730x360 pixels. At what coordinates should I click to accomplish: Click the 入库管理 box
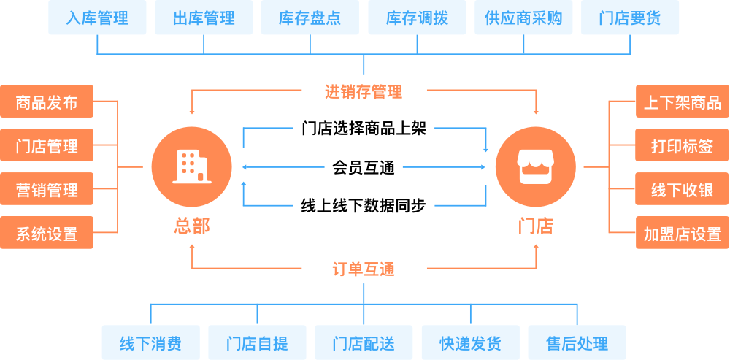click(97, 18)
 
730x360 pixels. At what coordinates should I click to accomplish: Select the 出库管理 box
click(204, 18)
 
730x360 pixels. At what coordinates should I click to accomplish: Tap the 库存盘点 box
click(310, 18)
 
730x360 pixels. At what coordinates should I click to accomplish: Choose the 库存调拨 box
click(417, 18)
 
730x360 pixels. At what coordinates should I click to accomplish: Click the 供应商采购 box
click(523, 18)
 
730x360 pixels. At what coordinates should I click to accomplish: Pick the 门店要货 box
click(630, 18)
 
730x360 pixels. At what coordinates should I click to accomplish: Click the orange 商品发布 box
click(47, 102)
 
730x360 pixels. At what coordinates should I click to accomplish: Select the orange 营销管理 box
click(47, 190)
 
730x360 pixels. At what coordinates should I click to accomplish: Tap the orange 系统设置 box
click(47, 234)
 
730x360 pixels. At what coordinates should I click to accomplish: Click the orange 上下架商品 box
click(682, 102)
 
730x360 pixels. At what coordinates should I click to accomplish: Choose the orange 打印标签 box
click(682, 145)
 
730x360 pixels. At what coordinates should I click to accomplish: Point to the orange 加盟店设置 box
click(682, 234)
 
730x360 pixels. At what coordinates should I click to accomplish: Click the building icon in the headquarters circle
click(191, 166)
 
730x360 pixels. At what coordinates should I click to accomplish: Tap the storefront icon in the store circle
click(535, 166)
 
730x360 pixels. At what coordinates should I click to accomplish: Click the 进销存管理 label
click(364, 92)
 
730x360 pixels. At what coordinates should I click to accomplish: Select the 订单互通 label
click(364, 269)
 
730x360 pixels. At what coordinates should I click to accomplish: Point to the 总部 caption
click(191, 226)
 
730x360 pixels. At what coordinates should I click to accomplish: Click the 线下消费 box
click(150, 342)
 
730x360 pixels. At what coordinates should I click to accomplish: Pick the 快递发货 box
click(470, 342)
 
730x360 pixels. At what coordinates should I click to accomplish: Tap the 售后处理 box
click(577, 342)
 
